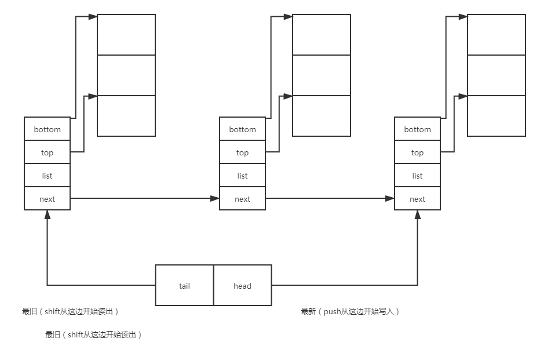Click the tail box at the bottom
pos(184,285)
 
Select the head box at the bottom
pos(242,285)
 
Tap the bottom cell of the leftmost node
pos(47,129)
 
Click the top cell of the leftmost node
pos(47,152)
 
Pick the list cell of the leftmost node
pos(47,176)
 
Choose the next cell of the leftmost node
pos(47,199)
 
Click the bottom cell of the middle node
pos(242,129)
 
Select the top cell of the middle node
pos(242,152)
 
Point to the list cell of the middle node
pos(242,176)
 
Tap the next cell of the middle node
pos(242,199)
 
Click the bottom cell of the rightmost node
pos(417,129)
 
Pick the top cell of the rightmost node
pos(417,152)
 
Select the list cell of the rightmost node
pos(417,176)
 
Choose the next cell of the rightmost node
pos(417,199)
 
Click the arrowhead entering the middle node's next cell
pos(216,199)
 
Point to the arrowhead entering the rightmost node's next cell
pos(391,199)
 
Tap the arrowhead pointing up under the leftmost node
pos(47,214)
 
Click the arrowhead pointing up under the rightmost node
pos(417,214)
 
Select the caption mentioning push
pos(350,312)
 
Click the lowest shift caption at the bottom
pos(93,335)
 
